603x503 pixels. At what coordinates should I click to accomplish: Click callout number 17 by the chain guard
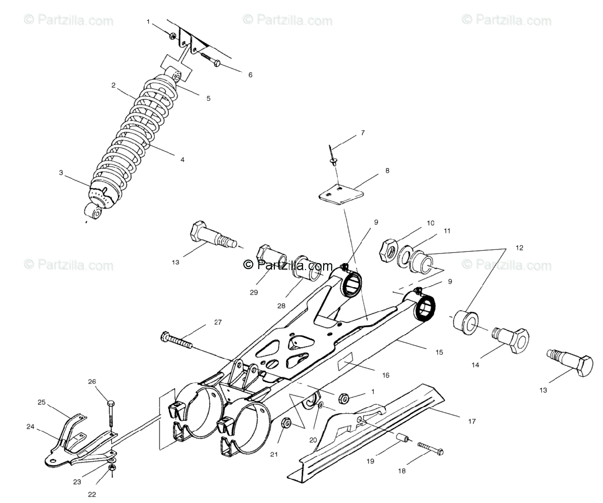(472, 422)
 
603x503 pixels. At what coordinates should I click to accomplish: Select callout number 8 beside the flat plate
(387, 171)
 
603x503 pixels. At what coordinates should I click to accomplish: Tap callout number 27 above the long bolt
(218, 323)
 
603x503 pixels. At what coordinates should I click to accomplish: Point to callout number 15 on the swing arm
(439, 352)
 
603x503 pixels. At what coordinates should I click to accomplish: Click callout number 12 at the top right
(519, 248)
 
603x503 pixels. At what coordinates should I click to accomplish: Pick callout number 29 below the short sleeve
(254, 292)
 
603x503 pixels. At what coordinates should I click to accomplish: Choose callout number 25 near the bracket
(41, 402)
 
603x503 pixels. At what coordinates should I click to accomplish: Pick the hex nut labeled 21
(285, 423)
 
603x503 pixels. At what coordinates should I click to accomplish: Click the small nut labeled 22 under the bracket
(113, 467)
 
